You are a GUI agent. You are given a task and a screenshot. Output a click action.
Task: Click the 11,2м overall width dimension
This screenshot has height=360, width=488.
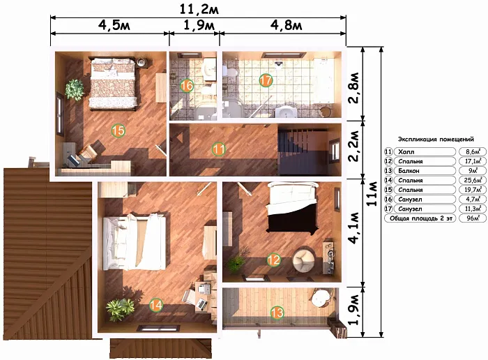click(199, 9)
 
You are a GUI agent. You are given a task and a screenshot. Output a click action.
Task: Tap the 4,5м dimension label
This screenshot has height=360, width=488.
click(114, 25)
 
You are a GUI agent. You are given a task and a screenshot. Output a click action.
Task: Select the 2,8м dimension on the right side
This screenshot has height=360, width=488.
click(354, 88)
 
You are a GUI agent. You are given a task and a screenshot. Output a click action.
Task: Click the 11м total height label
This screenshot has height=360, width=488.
click(372, 193)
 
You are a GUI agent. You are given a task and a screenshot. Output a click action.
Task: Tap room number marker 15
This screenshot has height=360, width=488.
click(119, 130)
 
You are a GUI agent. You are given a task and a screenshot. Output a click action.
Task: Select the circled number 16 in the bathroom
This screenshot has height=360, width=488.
click(187, 85)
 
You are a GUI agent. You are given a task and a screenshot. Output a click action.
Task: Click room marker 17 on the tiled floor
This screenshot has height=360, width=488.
click(266, 81)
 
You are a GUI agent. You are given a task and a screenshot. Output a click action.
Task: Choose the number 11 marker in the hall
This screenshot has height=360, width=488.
click(218, 149)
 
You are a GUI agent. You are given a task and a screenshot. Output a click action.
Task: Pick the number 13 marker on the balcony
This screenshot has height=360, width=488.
click(277, 313)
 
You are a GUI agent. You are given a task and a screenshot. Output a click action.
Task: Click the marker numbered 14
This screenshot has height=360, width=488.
click(156, 305)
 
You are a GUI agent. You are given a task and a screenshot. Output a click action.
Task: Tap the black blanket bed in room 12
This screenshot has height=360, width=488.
click(291, 207)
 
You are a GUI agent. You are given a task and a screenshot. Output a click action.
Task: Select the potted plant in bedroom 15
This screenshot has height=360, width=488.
click(75, 90)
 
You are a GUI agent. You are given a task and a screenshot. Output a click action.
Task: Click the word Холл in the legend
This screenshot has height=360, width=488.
click(406, 152)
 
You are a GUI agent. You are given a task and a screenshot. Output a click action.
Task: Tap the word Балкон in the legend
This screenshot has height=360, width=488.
click(409, 171)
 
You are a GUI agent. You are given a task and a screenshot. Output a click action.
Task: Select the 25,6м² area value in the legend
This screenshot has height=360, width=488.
click(473, 180)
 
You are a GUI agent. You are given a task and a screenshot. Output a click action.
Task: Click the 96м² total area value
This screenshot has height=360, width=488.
click(473, 218)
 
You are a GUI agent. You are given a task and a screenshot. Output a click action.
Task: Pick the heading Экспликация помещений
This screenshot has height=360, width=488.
click(436, 140)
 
